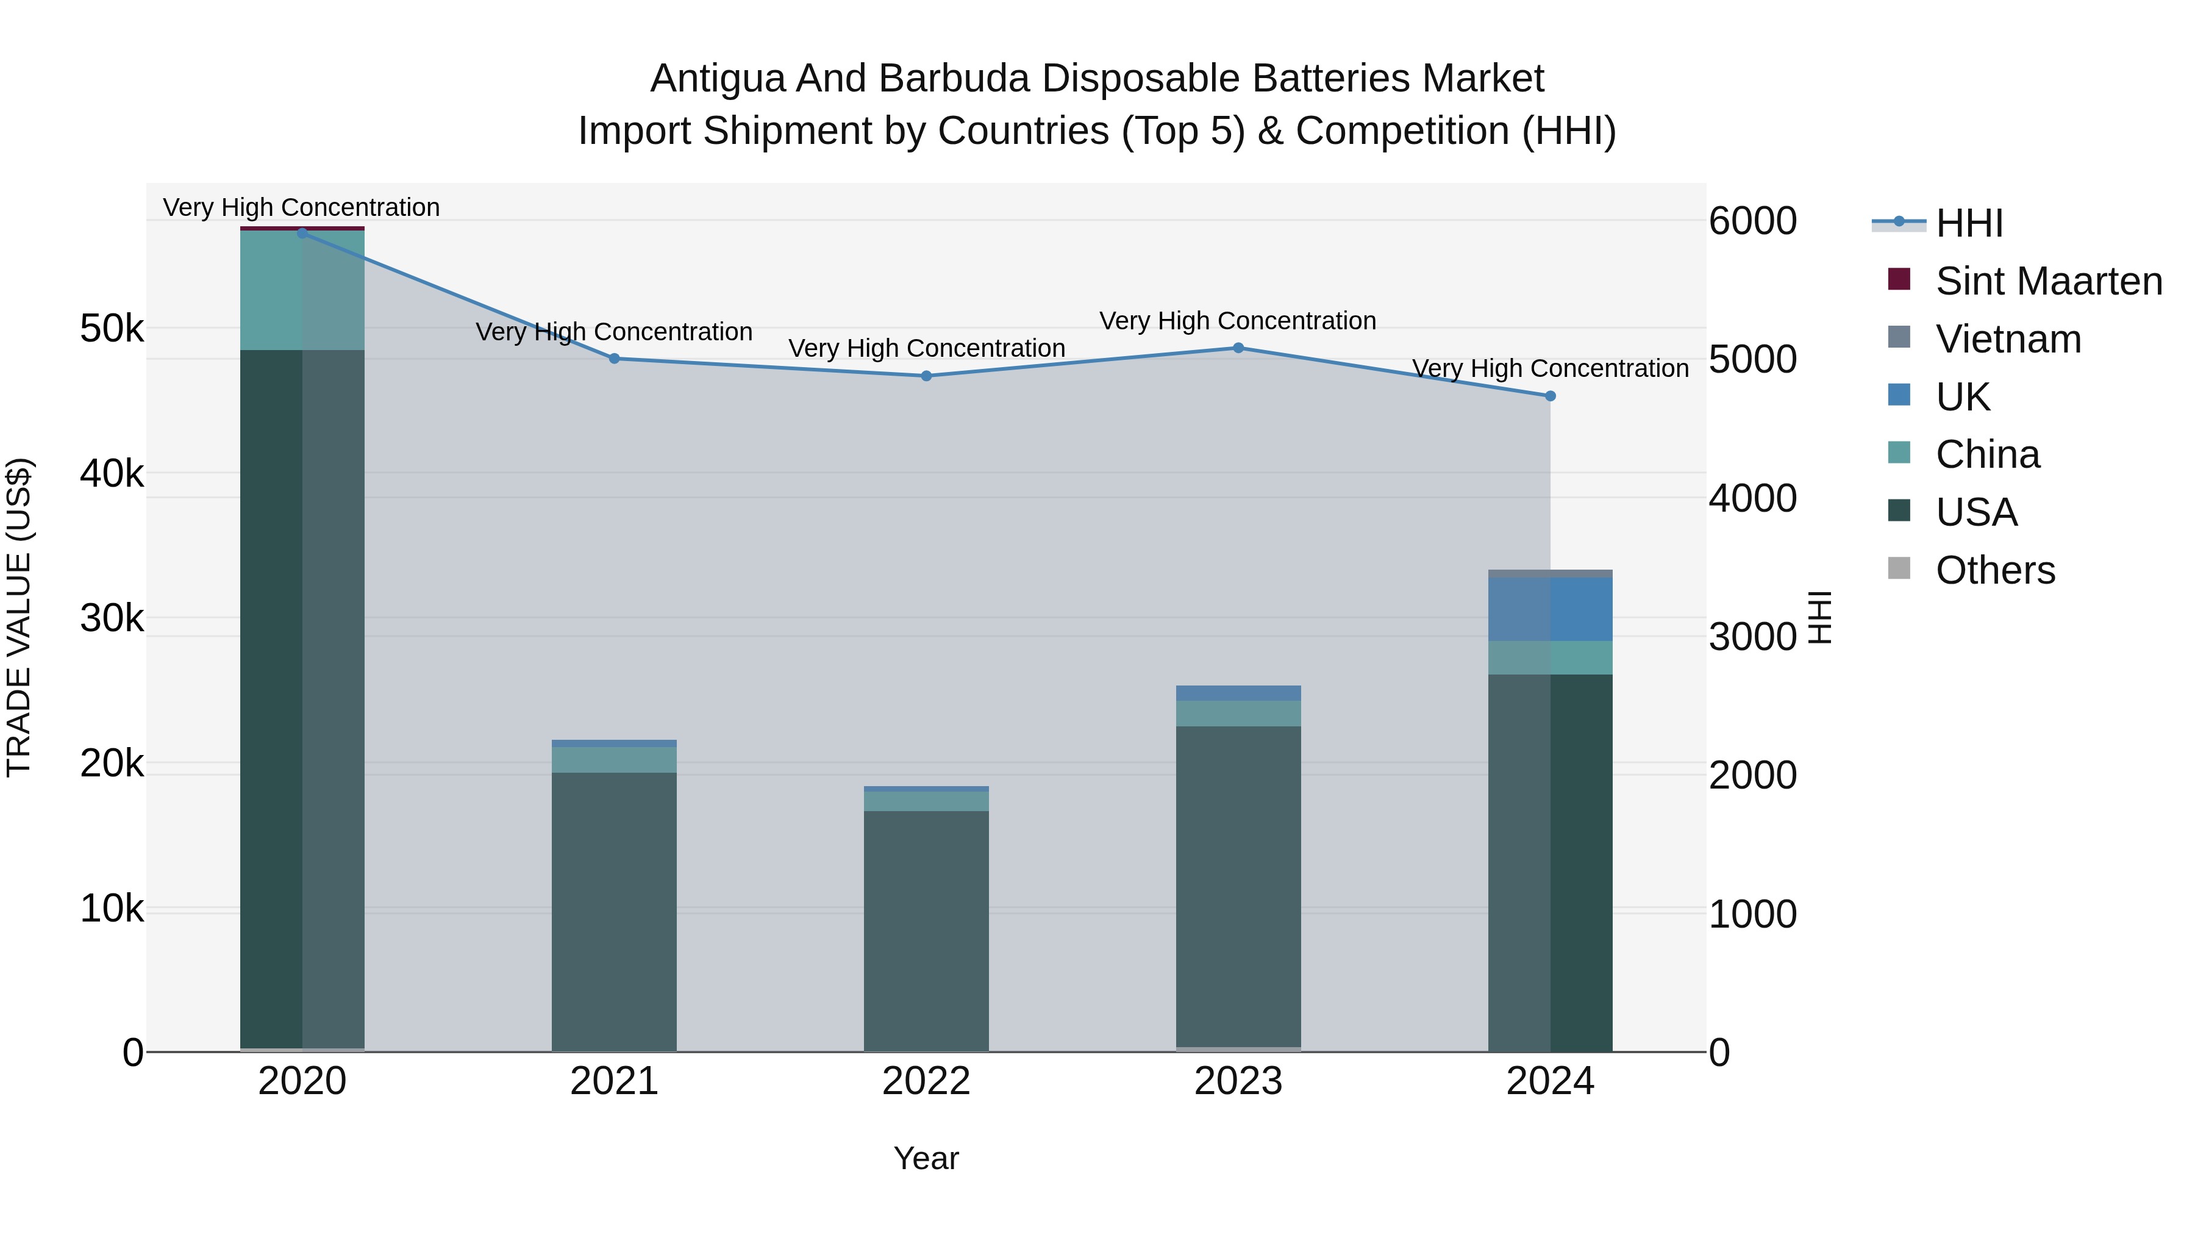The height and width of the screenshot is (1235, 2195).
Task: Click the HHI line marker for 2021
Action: click(x=615, y=359)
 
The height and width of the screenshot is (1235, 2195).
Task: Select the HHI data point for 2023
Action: click(x=1238, y=348)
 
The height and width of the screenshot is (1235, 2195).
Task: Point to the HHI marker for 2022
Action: click(x=926, y=376)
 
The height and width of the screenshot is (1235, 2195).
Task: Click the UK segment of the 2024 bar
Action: click(x=1550, y=609)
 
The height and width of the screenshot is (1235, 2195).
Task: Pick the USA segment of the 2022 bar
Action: click(x=926, y=929)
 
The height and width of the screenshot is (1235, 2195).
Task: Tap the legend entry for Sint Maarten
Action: click(x=2049, y=281)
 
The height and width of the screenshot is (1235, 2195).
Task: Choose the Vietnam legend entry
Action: click(x=2008, y=339)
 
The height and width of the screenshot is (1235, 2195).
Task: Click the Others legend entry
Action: click(x=1995, y=570)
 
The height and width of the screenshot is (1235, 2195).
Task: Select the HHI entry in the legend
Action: click(x=1968, y=223)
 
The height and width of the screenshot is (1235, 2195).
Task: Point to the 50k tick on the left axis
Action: click(x=112, y=329)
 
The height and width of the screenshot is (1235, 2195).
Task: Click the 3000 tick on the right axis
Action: click(x=1752, y=637)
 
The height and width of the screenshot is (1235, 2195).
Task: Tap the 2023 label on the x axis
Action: click(x=1238, y=1081)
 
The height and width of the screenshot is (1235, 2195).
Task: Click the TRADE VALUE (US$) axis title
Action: click(x=19, y=617)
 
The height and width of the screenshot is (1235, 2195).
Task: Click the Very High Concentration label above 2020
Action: click(x=302, y=207)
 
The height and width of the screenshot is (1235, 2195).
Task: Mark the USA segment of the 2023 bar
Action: click(x=1238, y=886)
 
